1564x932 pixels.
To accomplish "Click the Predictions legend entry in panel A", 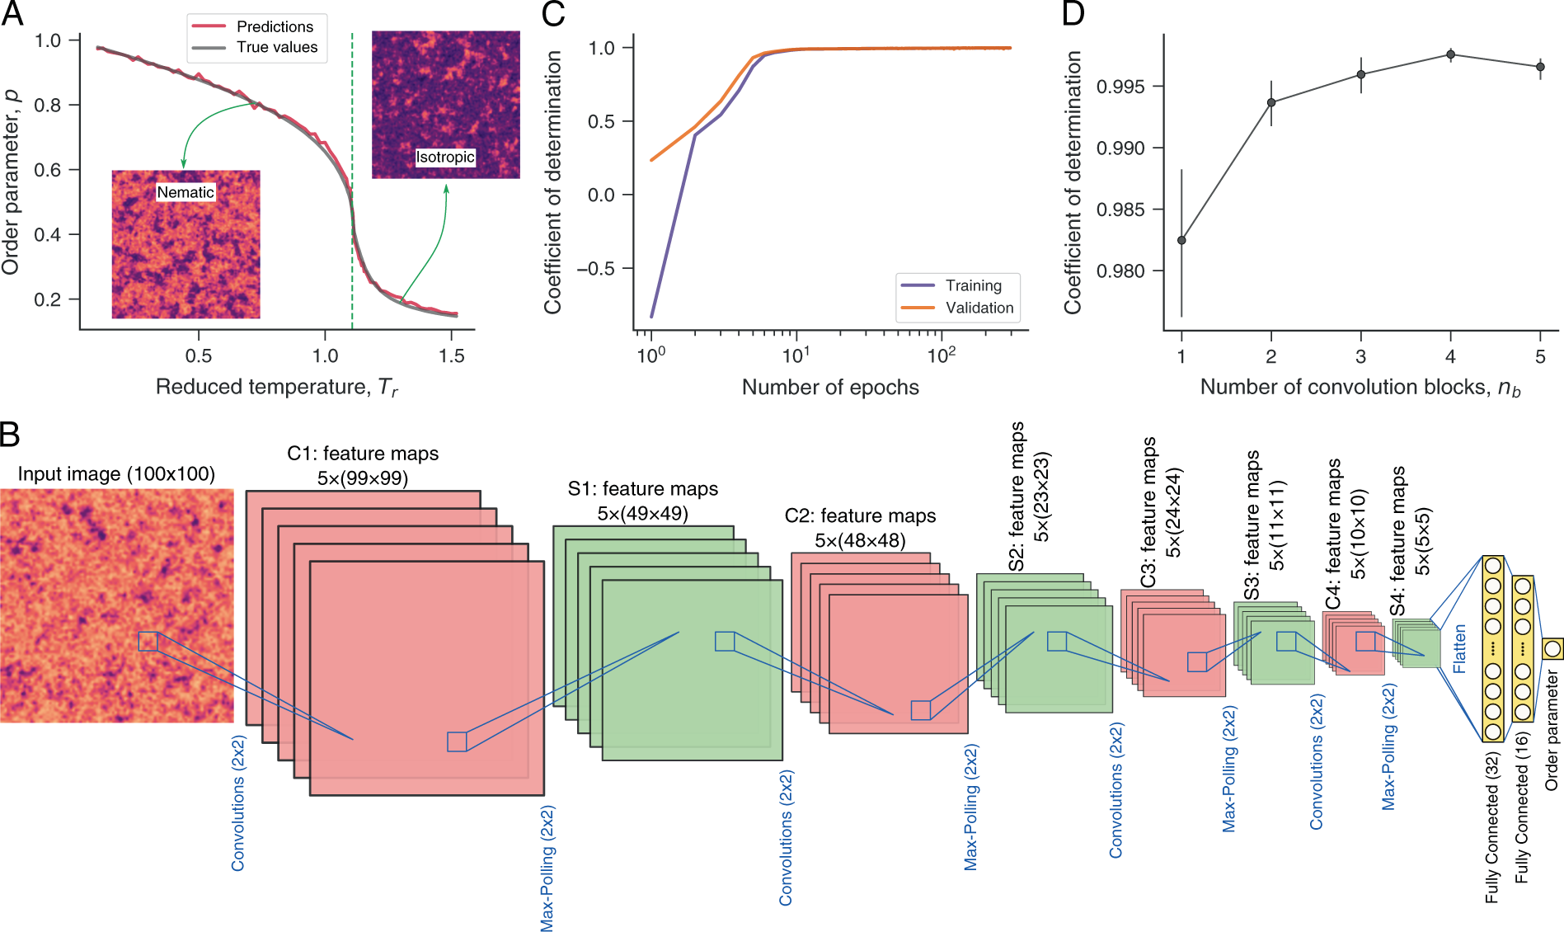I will [274, 26].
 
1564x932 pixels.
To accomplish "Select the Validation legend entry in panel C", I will [979, 308].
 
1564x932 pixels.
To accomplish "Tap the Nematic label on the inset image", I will [186, 192].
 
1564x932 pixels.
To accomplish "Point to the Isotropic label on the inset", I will [445, 157].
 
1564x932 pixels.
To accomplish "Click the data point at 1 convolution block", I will [1181, 240].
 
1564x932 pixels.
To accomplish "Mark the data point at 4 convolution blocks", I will [1450, 55].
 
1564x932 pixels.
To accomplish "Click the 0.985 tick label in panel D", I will [1120, 209].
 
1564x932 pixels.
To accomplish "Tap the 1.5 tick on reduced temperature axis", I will [452, 356].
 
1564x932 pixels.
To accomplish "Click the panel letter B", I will [10, 435].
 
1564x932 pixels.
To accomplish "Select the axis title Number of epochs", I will [829, 388].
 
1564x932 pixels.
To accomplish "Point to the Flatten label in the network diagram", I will [1459, 648].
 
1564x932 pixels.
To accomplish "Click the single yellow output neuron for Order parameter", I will [1552, 648].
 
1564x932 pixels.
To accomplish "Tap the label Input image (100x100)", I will [116, 474].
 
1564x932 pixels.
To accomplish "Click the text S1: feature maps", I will [642, 489].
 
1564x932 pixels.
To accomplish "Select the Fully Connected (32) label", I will [1491, 827].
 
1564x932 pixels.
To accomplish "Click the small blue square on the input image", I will [148, 641].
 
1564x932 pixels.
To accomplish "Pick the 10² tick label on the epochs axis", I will [941, 355].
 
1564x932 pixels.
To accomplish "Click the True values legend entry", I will [276, 48].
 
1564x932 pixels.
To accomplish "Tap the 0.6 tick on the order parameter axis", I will [47, 170].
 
